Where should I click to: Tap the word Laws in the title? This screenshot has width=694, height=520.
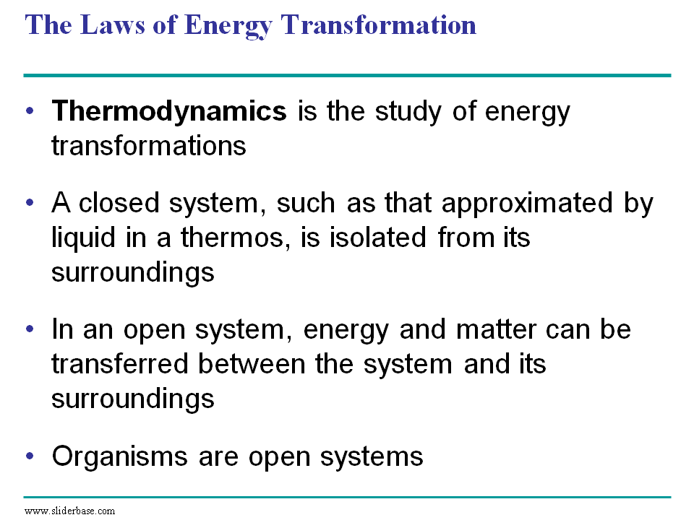pyautogui.click(x=113, y=25)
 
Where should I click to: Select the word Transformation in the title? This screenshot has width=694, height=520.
pyautogui.click(x=378, y=25)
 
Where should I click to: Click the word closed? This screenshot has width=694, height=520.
pyautogui.click(x=119, y=202)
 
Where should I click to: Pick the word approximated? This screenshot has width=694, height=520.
pyautogui.click(x=527, y=204)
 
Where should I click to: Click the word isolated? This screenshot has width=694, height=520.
pyautogui.click(x=378, y=237)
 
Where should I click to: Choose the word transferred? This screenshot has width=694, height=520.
pyautogui.click(x=120, y=364)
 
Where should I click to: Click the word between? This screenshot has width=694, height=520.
pyautogui.click(x=252, y=364)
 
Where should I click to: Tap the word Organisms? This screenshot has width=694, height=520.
pyautogui.click(x=119, y=457)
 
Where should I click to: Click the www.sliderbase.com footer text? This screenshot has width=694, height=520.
pyautogui.click(x=69, y=511)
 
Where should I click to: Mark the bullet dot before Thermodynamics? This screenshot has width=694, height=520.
pyautogui.click(x=30, y=110)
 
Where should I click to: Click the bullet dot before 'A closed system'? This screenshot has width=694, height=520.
pyautogui.click(x=30, y=202)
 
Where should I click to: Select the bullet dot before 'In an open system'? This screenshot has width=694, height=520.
pyautogui.click(x=30, y=329)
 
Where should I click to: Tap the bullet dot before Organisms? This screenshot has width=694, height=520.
pyautogui.click(x=30, y=456)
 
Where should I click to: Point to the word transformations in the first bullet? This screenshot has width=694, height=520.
pyautogui.click(x=149, y=146)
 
